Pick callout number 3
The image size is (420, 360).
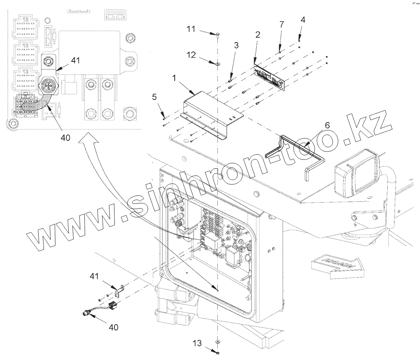(x=236, y=45)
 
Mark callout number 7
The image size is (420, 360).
(x=282, y=25)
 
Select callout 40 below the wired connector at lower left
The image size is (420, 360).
(x=114, y=327)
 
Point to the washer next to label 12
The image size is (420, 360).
(x=217, y=64)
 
